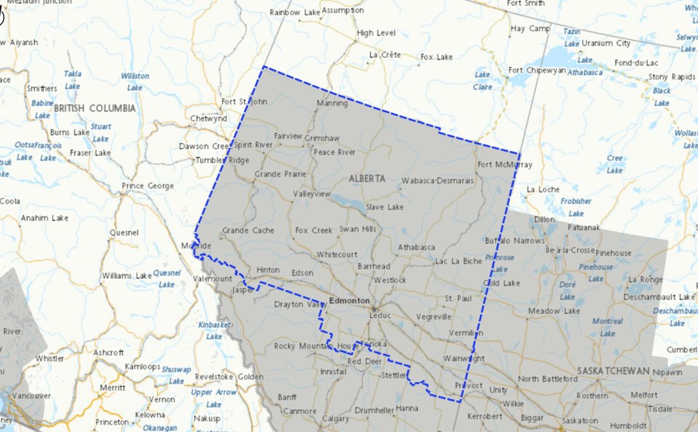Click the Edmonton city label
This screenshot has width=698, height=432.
(349, 301)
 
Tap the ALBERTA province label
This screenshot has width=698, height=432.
(366, 179)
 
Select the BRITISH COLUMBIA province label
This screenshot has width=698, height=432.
(95, 108)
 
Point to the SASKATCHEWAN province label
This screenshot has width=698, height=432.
(613, 370)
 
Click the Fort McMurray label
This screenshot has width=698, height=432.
(505, 165)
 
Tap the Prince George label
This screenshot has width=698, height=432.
(148, 186)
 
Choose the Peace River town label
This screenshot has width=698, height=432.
(334, 152)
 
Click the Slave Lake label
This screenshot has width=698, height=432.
(385, 208)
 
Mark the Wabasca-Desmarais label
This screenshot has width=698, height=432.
(437, 180)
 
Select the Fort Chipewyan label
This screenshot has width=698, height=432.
(537, 70)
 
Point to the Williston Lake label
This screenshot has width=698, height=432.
(135, 81)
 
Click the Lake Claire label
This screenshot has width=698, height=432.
(483, 81)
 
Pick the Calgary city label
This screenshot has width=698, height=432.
(336, 419)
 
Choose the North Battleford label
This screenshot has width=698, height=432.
(548, 379)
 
